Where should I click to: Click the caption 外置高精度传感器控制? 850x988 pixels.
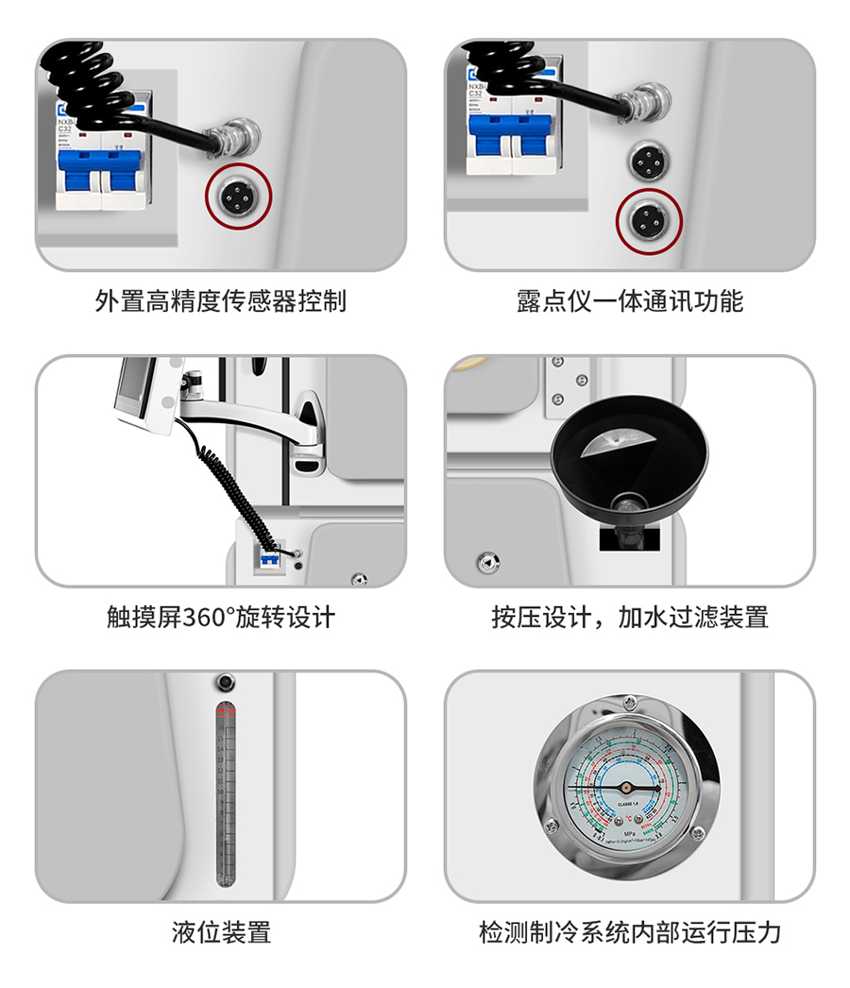(x=221, y=300)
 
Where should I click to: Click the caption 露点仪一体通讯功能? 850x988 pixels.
(x=629, y=300)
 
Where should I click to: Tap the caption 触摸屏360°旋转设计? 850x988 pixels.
(x=221, y=617)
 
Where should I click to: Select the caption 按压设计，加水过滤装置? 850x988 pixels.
(x=629, y=617)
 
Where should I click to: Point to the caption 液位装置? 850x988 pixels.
(x=221, y=932)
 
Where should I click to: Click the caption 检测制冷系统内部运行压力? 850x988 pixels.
(x=629, y=932)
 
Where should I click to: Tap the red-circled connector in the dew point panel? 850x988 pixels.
(x=649, y=220)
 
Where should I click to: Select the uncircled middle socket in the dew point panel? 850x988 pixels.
(x=649, y=161)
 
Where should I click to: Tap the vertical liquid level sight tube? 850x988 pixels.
(x=226, y=793)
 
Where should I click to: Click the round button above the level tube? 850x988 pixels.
(x=226, y=682)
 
